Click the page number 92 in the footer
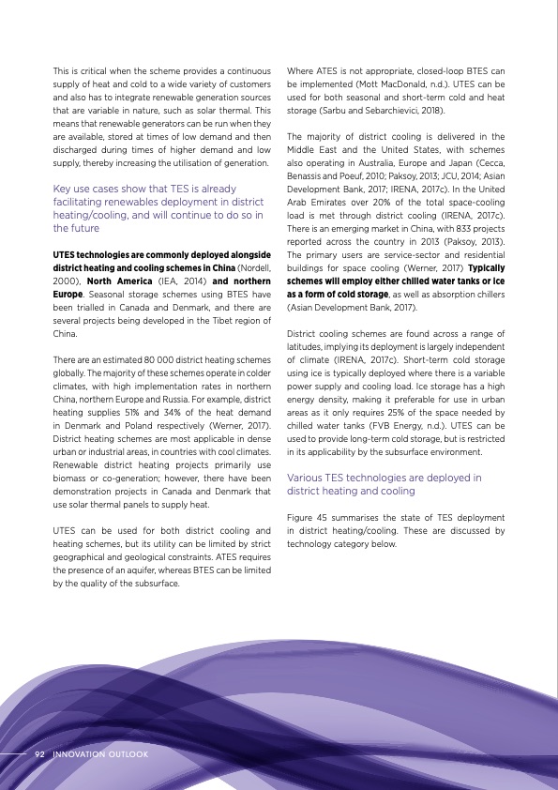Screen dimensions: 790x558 click(x=40, y=753)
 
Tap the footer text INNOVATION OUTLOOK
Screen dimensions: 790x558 click(x=100, y=753)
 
